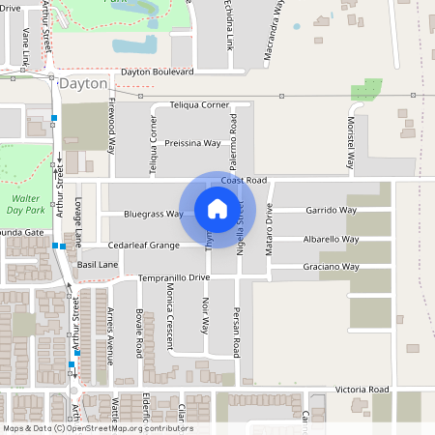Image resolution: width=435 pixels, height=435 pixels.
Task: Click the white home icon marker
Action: [217, 209]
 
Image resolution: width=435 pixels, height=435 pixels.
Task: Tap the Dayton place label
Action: [82, 84]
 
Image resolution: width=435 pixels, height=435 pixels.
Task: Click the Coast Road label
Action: [243, 181]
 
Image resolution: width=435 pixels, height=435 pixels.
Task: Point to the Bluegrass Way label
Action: [154, 214]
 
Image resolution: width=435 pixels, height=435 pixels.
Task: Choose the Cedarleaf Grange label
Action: [144, 246]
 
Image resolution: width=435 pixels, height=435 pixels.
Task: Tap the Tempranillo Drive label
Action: [174, 277]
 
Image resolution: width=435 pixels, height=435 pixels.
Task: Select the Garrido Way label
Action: [332, 210]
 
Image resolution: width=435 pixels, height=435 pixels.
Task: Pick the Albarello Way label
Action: [332, 239]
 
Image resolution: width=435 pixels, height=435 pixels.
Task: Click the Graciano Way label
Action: [332, 267]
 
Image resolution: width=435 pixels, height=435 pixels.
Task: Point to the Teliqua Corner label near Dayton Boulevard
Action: [199, 104]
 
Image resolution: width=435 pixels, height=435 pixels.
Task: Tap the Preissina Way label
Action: [193, 143]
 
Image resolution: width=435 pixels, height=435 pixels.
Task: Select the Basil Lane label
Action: [98, 263]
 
